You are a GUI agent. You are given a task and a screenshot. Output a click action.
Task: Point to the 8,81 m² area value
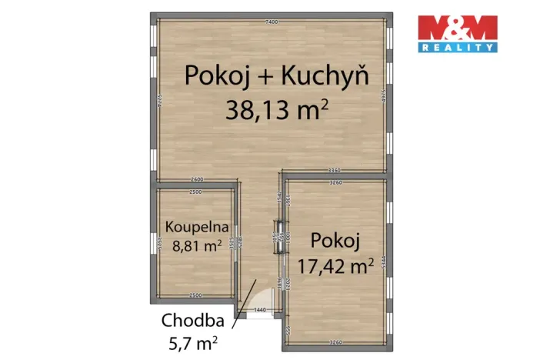click(x=194, y=246)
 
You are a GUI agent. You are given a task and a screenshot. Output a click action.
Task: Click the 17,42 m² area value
click(x=335, y=265)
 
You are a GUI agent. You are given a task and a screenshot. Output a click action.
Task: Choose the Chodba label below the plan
click(x=192, y=320)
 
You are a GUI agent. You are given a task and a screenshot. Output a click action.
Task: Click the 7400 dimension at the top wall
click(x=271, y=22)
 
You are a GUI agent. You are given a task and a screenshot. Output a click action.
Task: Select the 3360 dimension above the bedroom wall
click(x=334, y=171)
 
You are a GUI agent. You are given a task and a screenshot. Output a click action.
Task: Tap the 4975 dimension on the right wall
click(x=382, y=97)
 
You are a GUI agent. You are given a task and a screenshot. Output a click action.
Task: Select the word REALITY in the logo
click(x=456, y=48)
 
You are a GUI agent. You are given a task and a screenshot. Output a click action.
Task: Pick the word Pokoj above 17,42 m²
click(x=335, y=241)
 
